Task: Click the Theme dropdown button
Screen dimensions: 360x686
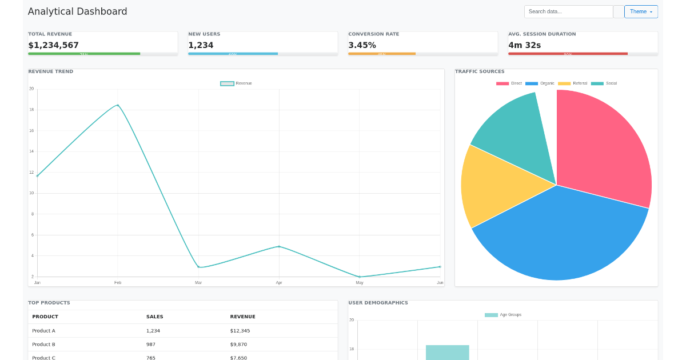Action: tap(641, 11)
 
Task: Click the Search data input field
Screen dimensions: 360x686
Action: tap(568, 11)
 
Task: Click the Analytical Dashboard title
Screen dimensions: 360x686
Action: tap(78, 11)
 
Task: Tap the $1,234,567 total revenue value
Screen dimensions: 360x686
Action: tap(54, 45)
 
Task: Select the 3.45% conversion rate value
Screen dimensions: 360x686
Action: tap(362, 45)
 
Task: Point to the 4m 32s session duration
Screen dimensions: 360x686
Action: tap(524, 45)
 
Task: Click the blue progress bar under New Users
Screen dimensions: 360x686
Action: tap(233, 54)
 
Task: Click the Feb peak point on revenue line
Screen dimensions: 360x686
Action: tap(118, 105)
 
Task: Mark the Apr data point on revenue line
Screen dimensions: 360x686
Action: tap(279, 246)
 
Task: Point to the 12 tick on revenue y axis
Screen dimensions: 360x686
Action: tap(31, 172)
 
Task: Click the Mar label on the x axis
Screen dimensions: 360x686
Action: tap(198, 283)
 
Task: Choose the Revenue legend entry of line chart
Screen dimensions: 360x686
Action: tap(236, 83)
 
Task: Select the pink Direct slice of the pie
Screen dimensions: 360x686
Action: tap(603, 149)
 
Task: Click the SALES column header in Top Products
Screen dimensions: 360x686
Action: tap(154, 317)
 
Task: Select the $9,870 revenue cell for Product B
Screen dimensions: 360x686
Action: tap(238, 345)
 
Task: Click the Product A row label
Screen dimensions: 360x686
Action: tap(43, 331)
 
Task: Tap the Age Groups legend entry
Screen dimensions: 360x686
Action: tap(503, 315)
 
